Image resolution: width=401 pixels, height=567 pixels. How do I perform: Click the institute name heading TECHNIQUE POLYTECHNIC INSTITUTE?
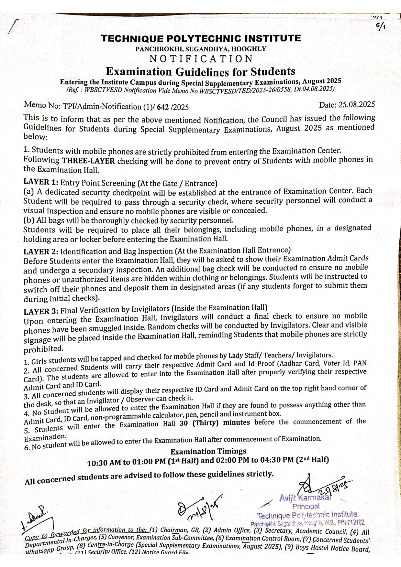(201, 39)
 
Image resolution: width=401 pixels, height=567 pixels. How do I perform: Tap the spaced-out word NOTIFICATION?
(201, 59)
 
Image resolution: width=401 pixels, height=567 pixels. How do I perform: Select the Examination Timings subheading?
(208, 451)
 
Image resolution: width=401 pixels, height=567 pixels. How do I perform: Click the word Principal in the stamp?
(306, 506)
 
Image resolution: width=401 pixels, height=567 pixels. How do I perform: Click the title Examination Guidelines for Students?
(200, 71)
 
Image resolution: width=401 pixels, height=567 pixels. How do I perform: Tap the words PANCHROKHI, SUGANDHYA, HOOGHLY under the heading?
(201, 49)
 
